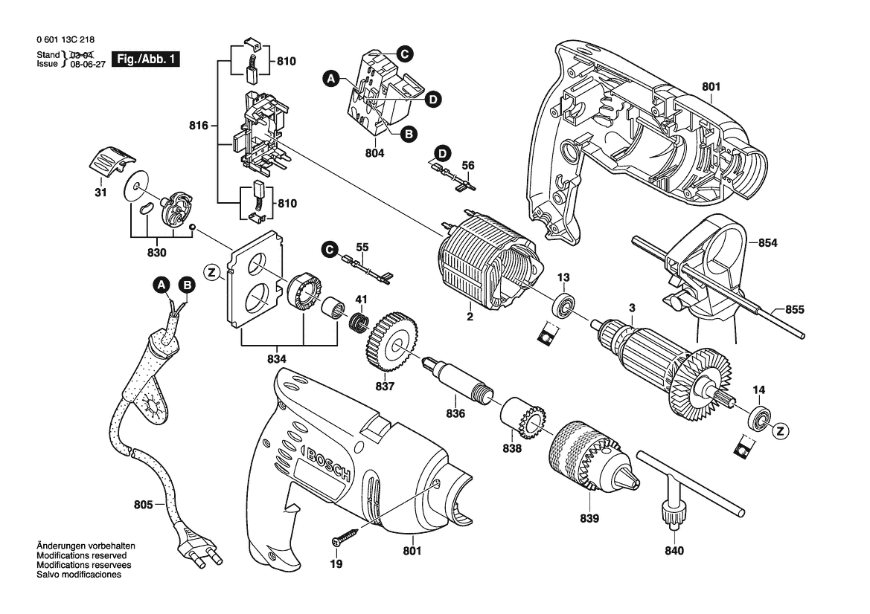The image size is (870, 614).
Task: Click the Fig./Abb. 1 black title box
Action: [146, 59]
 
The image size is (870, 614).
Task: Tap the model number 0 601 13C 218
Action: [65, 40]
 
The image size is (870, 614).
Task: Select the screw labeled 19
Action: [345, 537]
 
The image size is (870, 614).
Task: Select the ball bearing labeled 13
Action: [565, 304]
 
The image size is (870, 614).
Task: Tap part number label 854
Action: [767, 243]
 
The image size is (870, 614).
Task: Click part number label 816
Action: [198, 126]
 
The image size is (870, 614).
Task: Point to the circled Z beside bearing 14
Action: [781, 430]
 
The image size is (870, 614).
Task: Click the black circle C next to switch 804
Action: [404, 54]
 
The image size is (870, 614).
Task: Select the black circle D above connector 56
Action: [442, 153]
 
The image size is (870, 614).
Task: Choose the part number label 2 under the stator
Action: [470, 317]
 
